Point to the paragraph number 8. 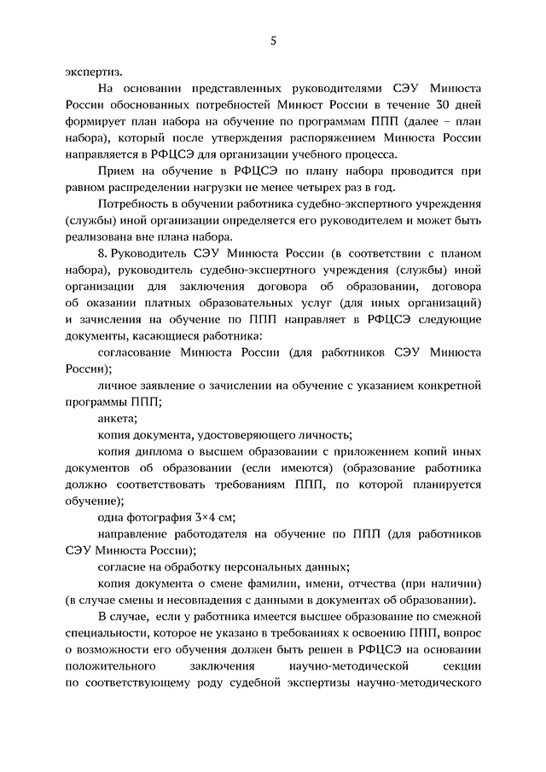click(102, 254)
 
